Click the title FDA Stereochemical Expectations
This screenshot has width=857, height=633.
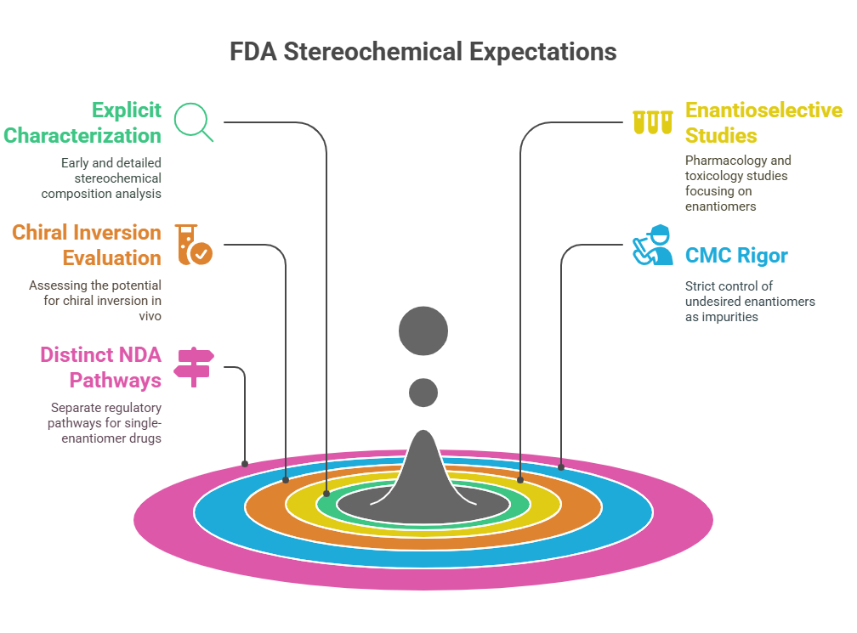pyautogui.click(x=423, y=52)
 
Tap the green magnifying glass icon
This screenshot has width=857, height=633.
pyautogui.click(x=194, y=122)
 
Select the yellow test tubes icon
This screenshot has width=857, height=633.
pyautogui.click(x=653, y=122)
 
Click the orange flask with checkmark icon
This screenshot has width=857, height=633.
pyautogui.click(x=194, y=245)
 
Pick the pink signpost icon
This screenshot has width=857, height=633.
pyautogui.click(x=194, y=367)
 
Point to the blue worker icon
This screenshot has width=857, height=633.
pyautogui.click(x=653, y=245)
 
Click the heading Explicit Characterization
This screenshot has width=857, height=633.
pyautogui.click(x=82, y=123)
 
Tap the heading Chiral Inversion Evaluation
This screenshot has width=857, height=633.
pyautogui.click(x=87, y=246)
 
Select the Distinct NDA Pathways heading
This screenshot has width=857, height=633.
pyautogui.click(x=101, y=368)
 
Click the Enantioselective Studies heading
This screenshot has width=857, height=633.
pyautogui.click(x=764, y=123)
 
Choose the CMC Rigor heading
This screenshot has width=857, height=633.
pyautogui.click(x=736, y=256)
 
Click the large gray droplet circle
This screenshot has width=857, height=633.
pyautogui.click(x=423, y=331)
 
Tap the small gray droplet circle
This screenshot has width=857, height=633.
pyautogui.click(x=423, y=393)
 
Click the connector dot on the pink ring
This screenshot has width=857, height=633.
pyautogui.click(x=245, y=464)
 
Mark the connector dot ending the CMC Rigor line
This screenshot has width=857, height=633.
pyautogui.click(x=561, y=467)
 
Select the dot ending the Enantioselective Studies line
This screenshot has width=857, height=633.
pyautogui.click(x=520, y=480)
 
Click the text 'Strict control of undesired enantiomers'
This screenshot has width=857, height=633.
pyautogui.click(x=750, y=294)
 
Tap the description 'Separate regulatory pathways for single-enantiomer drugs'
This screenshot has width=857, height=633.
pyautogui.click(x=105, y=423)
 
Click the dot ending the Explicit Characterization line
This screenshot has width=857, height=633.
pyautogui.click(x=326, y=494)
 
